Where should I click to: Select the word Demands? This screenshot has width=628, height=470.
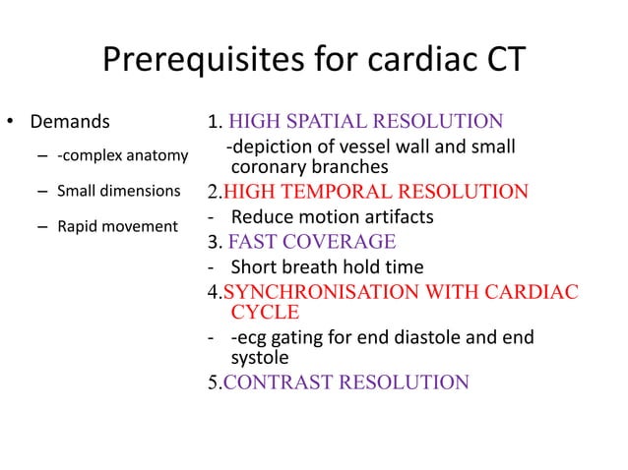(70, 124)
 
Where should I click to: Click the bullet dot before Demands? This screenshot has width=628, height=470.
(12, 125)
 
